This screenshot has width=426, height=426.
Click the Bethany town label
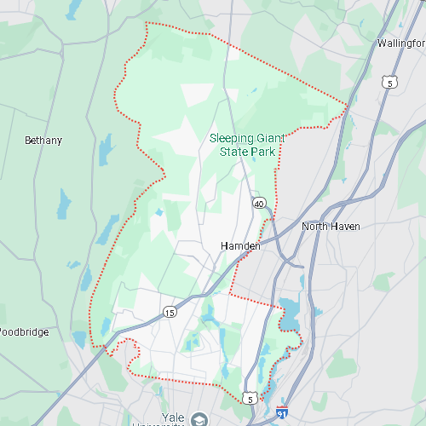tap(43, 141)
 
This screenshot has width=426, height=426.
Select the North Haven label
tap(331, 227)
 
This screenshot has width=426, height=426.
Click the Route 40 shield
tap(258, 204)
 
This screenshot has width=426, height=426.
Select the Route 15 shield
tap(170, 312)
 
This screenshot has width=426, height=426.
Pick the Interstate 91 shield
tap(283, 413)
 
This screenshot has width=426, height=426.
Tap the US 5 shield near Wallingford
tap(389, 83)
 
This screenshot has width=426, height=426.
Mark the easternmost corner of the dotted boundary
tap(348, 106)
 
